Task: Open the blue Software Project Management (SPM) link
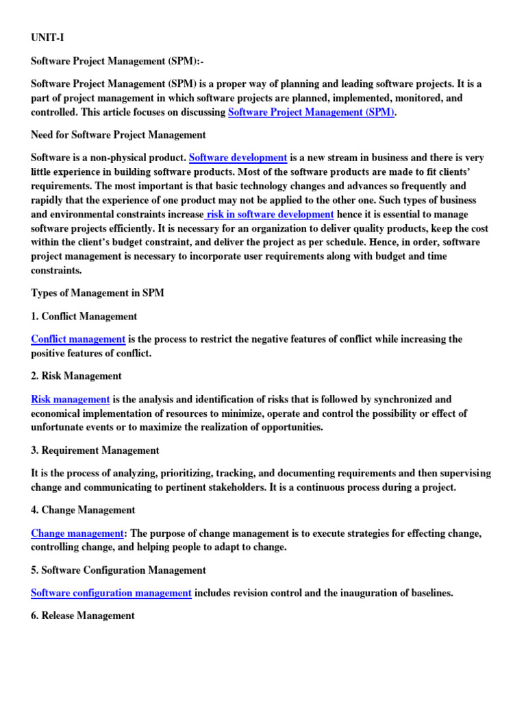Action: (312, 112)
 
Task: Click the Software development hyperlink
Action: (238, 158)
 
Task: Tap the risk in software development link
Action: (270, 215)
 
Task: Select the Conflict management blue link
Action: (78, 339)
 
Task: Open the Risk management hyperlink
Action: (71, 399)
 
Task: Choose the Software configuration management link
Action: (111, 593)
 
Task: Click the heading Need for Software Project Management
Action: (118, 135)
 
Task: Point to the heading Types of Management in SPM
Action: (98, 293)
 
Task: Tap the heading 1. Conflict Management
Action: (84, 317)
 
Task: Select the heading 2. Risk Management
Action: (77, 376)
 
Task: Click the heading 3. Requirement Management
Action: (95, 450)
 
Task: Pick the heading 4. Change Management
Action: (83, 510)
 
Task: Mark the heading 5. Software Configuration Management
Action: (118, 570)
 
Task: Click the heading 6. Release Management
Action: (83, 616)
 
